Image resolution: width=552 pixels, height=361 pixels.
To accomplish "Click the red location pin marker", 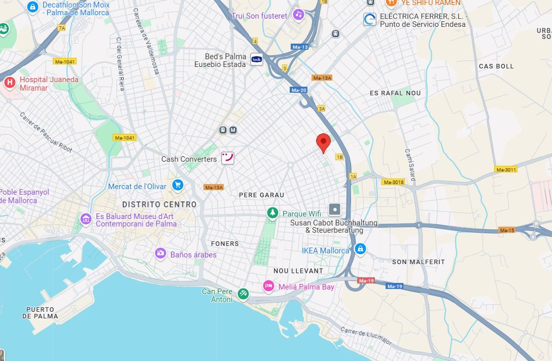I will [x=323, y=142].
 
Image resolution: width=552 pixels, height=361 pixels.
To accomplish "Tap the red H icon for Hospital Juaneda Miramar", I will [x=9, y=82].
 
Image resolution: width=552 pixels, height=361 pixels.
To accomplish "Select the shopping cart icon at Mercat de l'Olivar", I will [x=177, y=185].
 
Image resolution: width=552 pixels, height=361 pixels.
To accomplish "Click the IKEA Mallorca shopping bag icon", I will [x=360, y=249].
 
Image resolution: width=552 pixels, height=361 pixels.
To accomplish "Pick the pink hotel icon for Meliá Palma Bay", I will [x=269, y=287].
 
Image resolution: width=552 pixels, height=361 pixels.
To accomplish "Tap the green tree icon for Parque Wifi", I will [x=273, y=213].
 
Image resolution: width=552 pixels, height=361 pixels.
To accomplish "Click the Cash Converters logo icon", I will [x=228, y=158].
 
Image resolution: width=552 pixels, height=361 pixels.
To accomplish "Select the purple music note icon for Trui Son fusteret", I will [x=298, y=15].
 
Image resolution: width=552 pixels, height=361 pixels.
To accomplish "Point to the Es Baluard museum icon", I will [x=86, y=219].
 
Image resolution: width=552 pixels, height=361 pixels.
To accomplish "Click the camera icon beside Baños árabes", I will [x=161, y=254].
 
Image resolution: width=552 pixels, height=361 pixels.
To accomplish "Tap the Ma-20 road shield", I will [x=299, y=90].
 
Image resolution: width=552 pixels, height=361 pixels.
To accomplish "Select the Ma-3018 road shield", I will [x=393, y=182].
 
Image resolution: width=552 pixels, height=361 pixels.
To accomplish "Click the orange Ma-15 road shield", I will [x=507, y=230].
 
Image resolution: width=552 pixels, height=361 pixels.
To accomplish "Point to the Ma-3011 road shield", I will [x=506, y=169].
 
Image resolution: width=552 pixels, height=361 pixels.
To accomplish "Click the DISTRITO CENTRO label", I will [x=159, y=204].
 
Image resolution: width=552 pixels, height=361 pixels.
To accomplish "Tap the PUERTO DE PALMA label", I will [x=40, y=312].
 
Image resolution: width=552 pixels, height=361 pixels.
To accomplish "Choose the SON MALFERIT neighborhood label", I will [x=418, y=262].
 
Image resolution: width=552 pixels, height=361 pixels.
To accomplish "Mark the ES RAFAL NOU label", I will [x=395, y=93].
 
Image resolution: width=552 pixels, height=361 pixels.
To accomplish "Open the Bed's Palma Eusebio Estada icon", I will [x=257, y=59].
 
